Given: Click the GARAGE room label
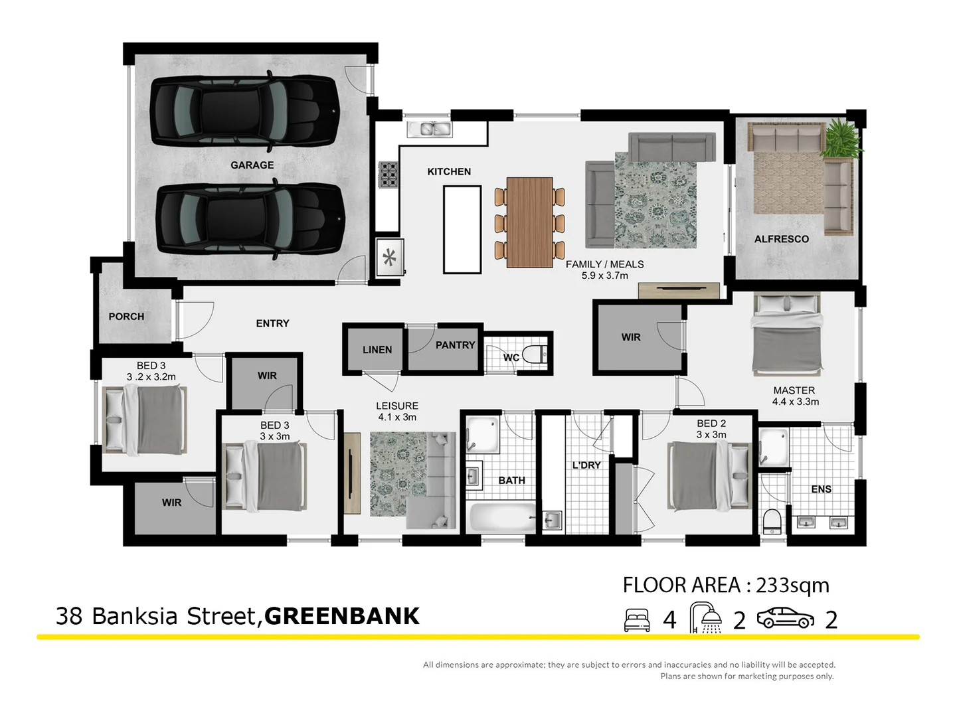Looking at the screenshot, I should [x=252, y=165].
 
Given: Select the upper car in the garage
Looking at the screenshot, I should [x=244, y=110].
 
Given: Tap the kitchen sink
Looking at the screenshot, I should [x=429, y=129].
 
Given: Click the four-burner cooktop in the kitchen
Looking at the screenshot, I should [x=389, y=174].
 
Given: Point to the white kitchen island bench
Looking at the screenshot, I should [x=462, y=229].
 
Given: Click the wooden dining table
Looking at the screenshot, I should [x=529, y=222].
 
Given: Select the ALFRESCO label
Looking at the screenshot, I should [x=781, y=239].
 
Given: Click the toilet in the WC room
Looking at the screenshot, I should [x=535, y=355].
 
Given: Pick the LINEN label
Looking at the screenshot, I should [x=377, y=350].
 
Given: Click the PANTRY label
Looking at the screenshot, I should [x=455, y=345].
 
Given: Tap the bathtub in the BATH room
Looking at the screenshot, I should [x=502, y=517].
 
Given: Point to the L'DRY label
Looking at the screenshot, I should [x=586, y=465].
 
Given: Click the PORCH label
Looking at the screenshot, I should [x=126, y=317].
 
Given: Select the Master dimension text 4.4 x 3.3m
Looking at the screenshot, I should [x=795, y=402].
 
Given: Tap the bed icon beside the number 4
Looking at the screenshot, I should [x=637, y=620].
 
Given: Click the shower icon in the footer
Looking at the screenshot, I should [x=706, y=617].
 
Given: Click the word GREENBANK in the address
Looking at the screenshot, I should [x=341, y=616].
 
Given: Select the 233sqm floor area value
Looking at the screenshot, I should [x=792, y=586].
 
